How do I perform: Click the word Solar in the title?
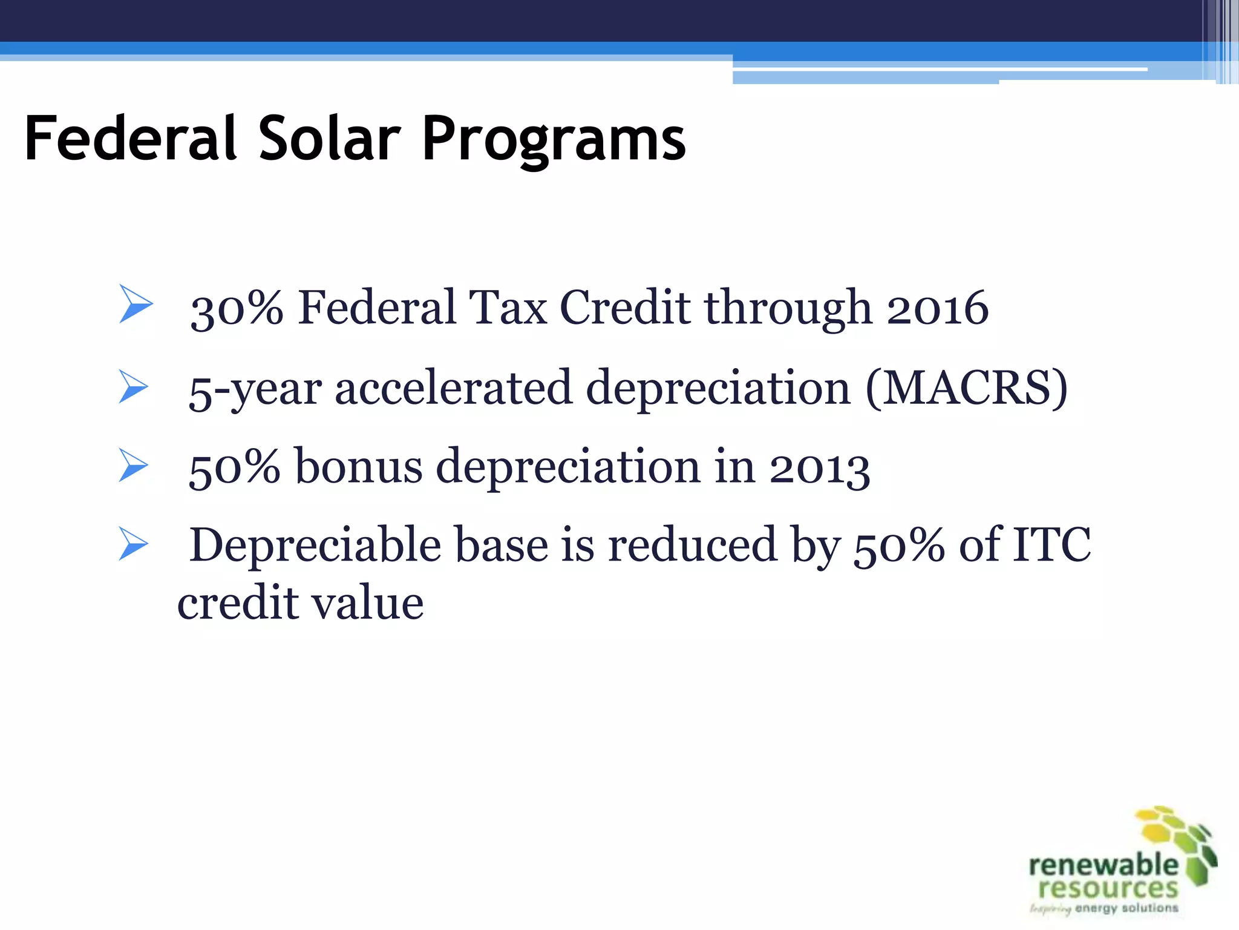tap(330, 139)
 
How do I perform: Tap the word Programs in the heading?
tap(554, 140)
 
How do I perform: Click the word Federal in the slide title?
tap(131, 139)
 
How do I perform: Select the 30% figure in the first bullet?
tap(237, 308)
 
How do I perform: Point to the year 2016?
tap(937, 308)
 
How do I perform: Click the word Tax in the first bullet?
tap(508, 308)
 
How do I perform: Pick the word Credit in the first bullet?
tap(625, 308)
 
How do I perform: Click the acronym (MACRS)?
tap(966, 387)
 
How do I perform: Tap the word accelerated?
tap(453, 387)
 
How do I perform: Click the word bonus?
tap(358, 466)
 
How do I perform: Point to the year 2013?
tap(819, 467)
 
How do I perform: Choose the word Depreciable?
tap(315, 545)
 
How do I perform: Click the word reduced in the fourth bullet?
tap(693, 544)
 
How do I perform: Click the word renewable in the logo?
tap(1103, 865)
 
